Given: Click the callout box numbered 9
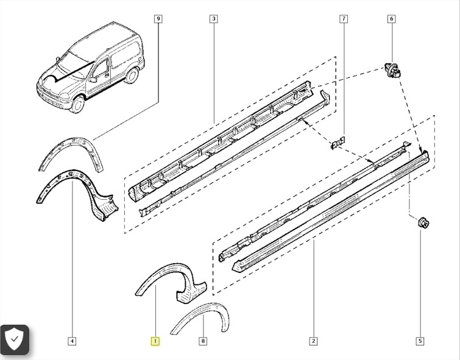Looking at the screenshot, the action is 158,19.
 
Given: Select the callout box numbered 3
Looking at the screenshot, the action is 214,19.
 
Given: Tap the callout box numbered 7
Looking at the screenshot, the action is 344,19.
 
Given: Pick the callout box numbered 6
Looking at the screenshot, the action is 392,19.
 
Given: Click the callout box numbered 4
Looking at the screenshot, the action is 72,341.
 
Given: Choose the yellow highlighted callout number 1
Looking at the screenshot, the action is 155,341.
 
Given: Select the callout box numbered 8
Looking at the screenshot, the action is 203,341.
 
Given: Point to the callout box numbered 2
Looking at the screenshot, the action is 313,341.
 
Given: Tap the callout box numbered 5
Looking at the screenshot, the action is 420,341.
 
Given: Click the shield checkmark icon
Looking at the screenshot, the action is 15,339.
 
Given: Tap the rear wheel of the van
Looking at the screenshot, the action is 132,75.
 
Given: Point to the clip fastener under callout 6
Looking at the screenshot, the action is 393,71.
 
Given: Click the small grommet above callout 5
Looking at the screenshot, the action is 423,223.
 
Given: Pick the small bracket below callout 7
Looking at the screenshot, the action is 338,142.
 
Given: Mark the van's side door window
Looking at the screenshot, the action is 101,69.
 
